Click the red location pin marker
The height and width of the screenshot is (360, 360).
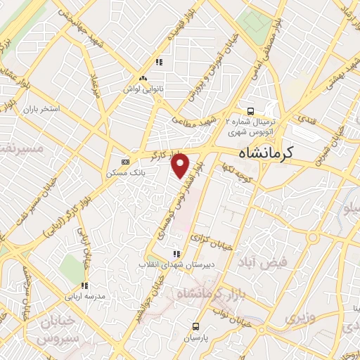181,165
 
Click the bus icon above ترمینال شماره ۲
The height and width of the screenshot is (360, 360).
251,111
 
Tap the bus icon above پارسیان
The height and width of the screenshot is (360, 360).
195,326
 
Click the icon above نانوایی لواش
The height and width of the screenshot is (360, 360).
143,79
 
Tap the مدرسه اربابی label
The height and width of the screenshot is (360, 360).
84,296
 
